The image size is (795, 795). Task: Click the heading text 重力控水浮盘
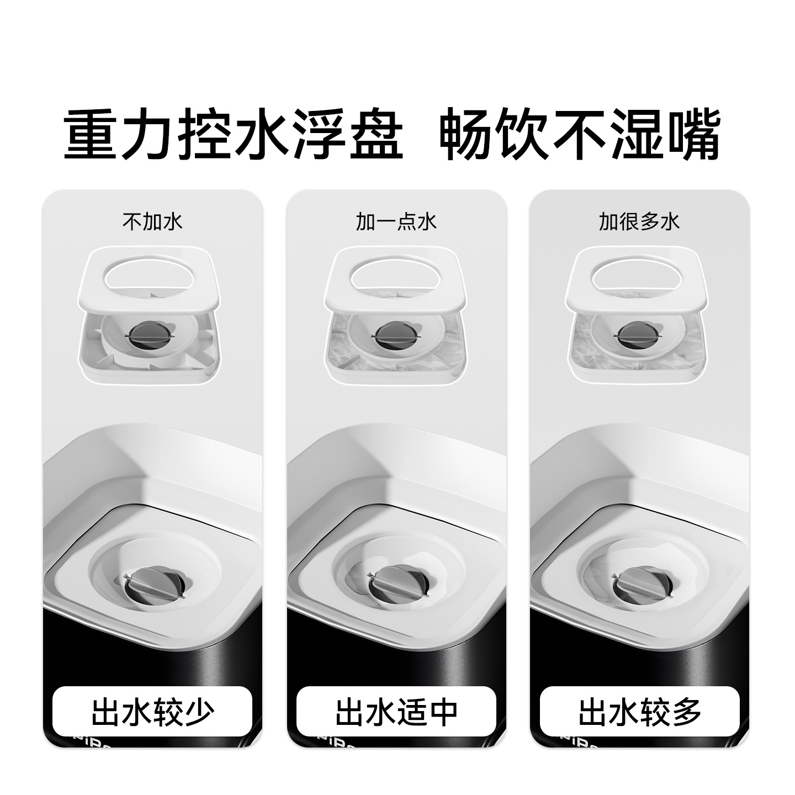point(234,134)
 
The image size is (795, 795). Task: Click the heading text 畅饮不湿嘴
point(580,134)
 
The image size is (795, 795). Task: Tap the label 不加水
point(152,222)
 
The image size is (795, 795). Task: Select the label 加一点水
point(396,222)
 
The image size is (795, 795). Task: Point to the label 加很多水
point(639,222)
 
